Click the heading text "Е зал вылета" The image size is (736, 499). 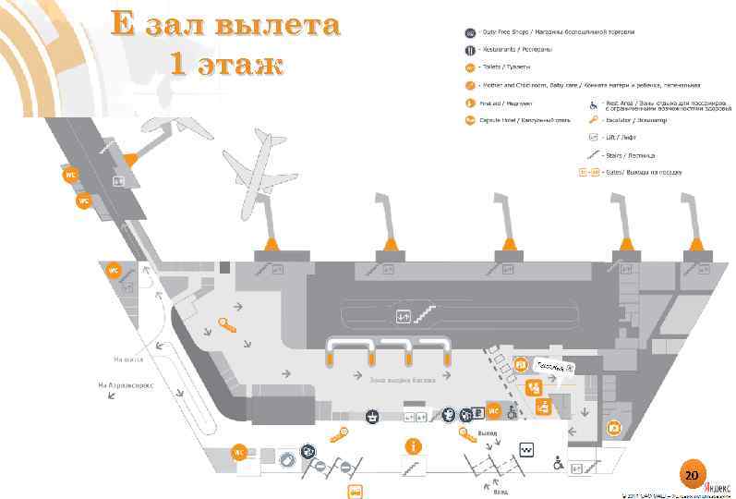225,25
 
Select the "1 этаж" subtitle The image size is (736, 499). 225,64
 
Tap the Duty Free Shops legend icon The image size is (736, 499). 469,31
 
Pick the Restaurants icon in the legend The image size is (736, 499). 469,49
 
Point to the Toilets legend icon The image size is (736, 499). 469,67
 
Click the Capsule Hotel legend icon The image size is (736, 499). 469,119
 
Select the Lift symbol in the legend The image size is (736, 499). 597,136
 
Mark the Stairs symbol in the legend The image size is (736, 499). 597,153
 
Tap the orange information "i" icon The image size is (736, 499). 412,445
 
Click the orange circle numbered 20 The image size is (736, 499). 691,474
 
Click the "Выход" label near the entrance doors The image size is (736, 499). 489,432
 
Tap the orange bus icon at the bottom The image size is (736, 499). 354,491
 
